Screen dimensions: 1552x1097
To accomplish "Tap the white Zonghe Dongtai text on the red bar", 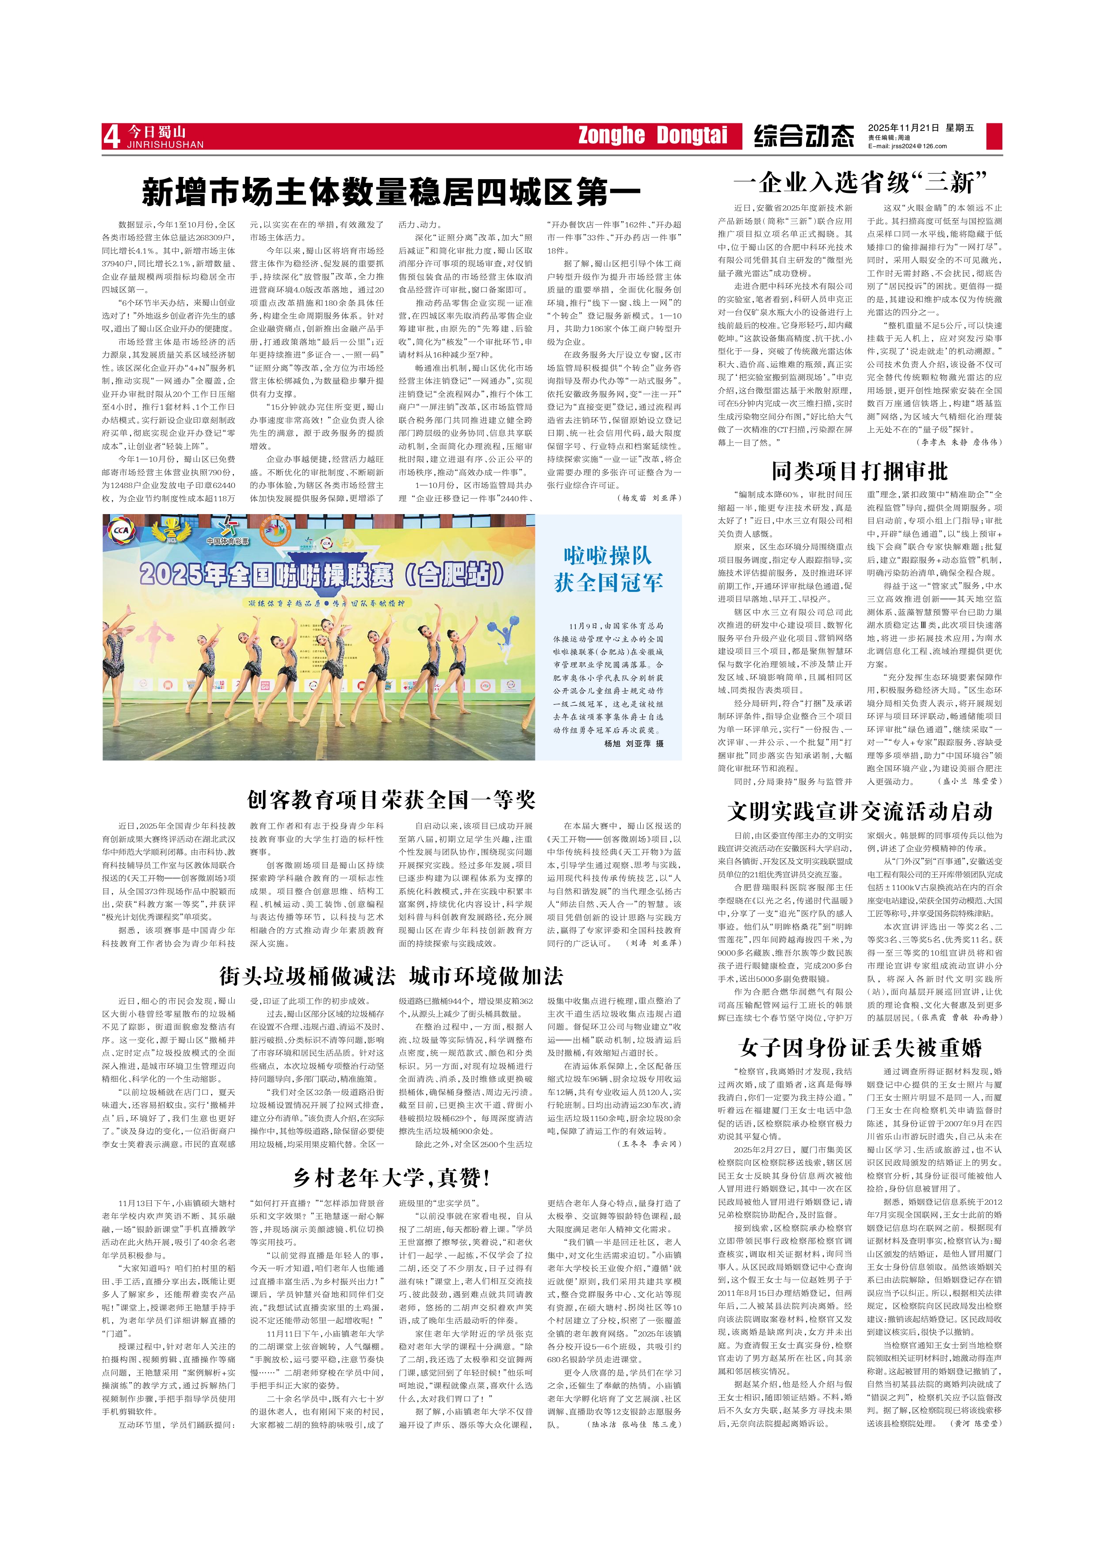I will click(652, 135).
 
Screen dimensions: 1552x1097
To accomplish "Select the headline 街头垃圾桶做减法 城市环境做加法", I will click(391, 976).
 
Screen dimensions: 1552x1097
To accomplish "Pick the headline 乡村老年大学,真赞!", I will click(391, 1178).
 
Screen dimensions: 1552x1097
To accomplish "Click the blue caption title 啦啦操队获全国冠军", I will click(608, 569).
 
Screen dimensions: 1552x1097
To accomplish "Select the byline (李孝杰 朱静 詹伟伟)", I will click(959, 442).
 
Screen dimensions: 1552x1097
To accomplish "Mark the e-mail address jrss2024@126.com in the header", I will click(907, 146).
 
